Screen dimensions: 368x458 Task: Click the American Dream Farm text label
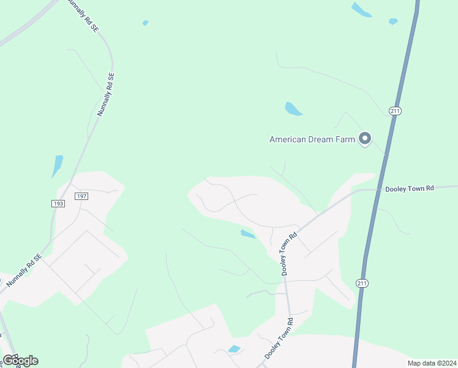point(312,139)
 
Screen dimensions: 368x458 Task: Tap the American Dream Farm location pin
point(365,139)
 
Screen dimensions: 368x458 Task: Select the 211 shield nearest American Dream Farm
point(395,110)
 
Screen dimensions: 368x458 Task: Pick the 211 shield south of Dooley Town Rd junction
point(361,282)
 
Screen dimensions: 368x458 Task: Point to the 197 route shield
point(81,196)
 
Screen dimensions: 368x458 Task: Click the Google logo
point(20,361)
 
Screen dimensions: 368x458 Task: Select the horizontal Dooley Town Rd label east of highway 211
point(409,188)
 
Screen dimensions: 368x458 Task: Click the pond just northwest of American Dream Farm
point(293,109)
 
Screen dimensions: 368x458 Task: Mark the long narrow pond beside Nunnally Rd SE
point(57,166)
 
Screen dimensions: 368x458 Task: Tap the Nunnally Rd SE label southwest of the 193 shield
point(28,267)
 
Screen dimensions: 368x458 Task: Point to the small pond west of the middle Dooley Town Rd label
point(248,234)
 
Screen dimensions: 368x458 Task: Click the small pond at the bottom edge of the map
point(234,349)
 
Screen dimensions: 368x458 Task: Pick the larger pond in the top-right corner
point(361,10)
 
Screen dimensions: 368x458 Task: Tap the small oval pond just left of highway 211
point(393,21)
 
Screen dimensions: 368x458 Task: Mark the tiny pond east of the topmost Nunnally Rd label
point(145,23)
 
